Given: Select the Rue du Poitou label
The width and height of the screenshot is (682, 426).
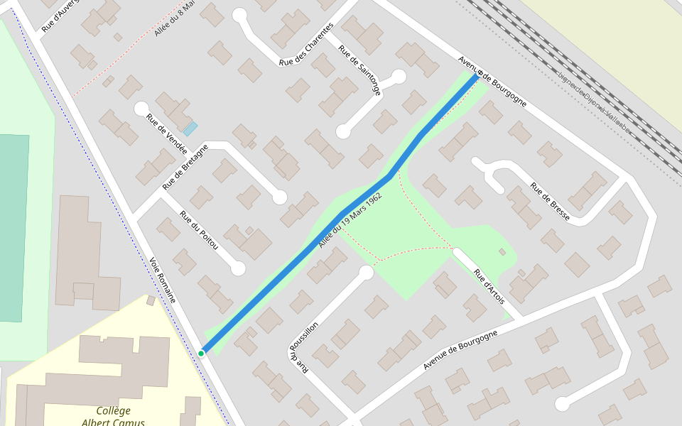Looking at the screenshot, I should pos(199,230).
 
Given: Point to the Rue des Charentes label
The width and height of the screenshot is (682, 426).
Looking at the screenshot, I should pos(306,45).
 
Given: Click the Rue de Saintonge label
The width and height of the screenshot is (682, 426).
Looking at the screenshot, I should pos(359,70).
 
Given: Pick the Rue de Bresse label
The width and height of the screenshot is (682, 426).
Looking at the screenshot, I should pos(550,201).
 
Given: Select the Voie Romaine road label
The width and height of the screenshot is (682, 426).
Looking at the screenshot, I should pos(163,280).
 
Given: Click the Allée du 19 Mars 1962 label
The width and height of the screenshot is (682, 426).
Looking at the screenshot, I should pos(351,219).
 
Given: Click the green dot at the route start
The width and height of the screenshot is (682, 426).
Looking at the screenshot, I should pos(202,353).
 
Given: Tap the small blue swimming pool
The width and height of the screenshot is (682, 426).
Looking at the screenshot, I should pos(190,129).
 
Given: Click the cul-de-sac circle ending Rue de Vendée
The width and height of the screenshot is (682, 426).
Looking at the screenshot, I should pos(141,109).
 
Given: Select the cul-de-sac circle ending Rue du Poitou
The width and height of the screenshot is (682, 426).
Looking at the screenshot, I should pos(238,268).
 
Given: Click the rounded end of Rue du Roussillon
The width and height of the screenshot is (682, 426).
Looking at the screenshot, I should pos(367,273).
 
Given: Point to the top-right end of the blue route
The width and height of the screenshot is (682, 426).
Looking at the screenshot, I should pos(477,75).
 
